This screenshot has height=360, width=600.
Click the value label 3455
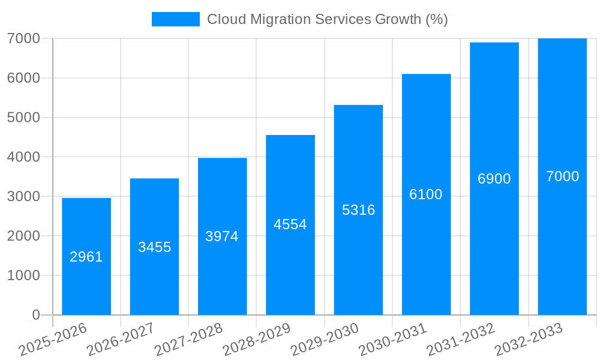pyautogui.click(x=155, y=247)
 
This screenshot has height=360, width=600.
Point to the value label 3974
pyautogui.click(x=222, y=236)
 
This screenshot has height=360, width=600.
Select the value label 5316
pyautogui.click(x=358, y=210)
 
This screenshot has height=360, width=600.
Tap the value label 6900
pyautogui.click(x=494, y=179)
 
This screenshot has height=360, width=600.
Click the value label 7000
pyautogui.click(x=562, y=176)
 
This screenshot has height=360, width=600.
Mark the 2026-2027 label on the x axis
pyautogui.click(x=121, y=340)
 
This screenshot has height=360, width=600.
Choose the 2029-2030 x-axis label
pyautogui.click(x=325, y=340)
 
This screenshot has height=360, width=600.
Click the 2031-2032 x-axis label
pyautogui.click(x=461, y=340)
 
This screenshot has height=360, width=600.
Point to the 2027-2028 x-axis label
pyautogui.click(x=188, y=340)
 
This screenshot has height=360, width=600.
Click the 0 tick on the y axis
pyautogui.click(x=35, y=315)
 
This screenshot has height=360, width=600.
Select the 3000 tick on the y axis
pyautogui.click(x=23, y=196)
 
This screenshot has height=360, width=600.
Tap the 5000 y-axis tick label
pyautogui.click(x=23, y=118)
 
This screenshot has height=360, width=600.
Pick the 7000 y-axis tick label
pyautogui.click(x=23, y=38)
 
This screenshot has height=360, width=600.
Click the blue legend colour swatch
pyautogui.click(x=175, y=19)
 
